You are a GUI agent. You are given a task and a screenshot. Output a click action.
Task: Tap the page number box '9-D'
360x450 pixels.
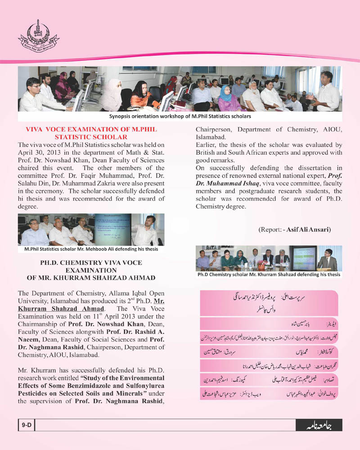[x=25, y=424]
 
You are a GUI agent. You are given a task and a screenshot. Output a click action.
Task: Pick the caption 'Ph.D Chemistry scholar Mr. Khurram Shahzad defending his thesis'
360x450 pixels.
[x=269, y=274]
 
